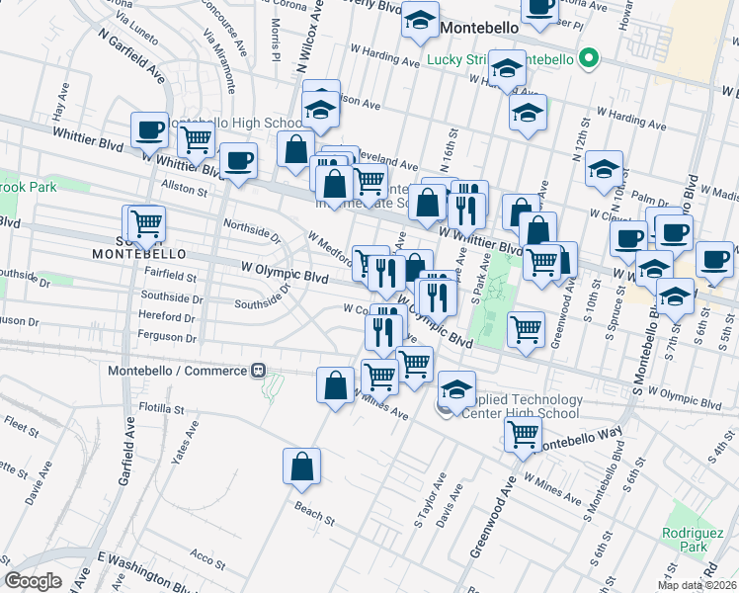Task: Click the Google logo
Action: coord(34,581)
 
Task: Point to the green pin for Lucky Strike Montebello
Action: coord(590,58)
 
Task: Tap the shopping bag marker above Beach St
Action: coord(301,468)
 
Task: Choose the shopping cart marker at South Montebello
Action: coord(146,223)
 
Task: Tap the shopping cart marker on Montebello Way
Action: coord(523,433)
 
